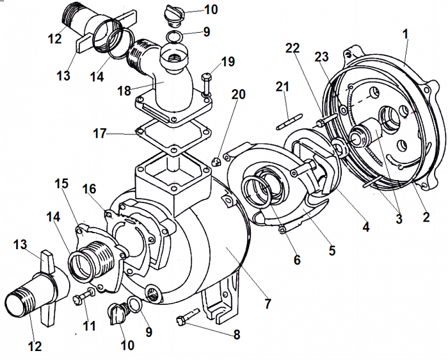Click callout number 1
(406, 32)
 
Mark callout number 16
(90, 189)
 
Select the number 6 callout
(296, 261)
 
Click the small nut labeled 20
(217, 161)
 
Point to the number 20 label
(239, 94)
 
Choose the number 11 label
(89, 325)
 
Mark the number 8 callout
(238, 334)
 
